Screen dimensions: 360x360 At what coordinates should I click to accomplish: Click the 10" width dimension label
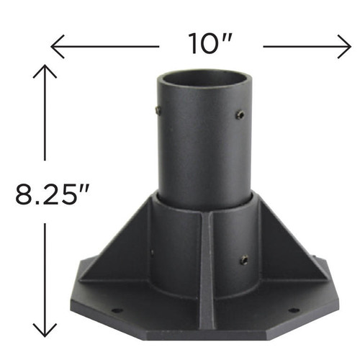point(209,45)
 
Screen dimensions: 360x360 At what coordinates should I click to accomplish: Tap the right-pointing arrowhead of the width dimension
point(346,48)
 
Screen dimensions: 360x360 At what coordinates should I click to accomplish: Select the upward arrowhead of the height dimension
point(45,70)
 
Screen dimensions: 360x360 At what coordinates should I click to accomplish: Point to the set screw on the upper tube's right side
point(240,114)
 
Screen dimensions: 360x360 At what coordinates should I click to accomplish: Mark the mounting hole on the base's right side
point(293,310)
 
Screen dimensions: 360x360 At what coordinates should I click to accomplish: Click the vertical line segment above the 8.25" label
point(45,122)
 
